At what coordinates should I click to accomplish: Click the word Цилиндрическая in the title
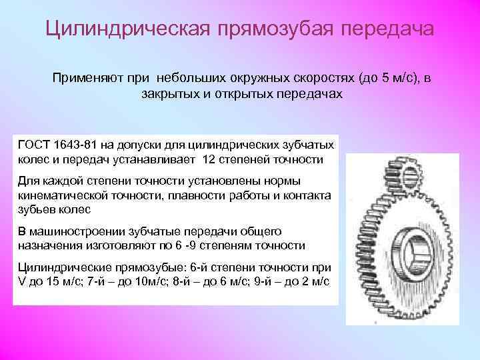pyautogui.click(x=123, y=29)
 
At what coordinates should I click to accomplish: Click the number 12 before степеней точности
pyautogui.click(x=209, y=160)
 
